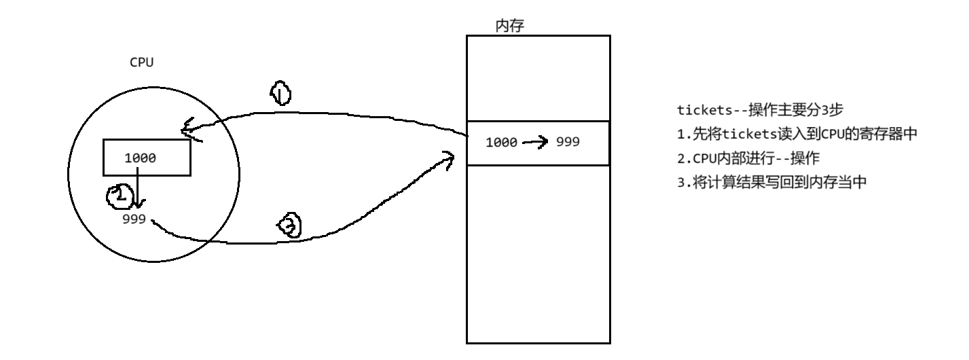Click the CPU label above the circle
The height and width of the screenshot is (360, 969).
pos(141,62)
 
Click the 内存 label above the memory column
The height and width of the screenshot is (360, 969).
pos(510,26)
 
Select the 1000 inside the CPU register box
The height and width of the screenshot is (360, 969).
pos(141,158)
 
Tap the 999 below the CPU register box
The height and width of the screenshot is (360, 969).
pos(134,219)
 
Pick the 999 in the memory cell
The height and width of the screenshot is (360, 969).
pos(568,142)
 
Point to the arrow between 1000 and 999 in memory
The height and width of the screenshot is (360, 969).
pos(535,142)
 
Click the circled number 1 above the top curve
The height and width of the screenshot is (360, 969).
pos(280,92)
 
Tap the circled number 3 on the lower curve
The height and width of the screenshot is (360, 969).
pos(288,226)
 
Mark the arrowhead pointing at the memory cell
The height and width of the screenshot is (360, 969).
pos(447,160)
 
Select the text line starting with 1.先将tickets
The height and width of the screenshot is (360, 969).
pos(797,134)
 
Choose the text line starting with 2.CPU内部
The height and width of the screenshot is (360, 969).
pos(749,158)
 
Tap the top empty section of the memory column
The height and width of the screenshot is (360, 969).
pos(538,77)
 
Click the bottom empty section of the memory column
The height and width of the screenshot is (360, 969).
pos(538,254)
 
